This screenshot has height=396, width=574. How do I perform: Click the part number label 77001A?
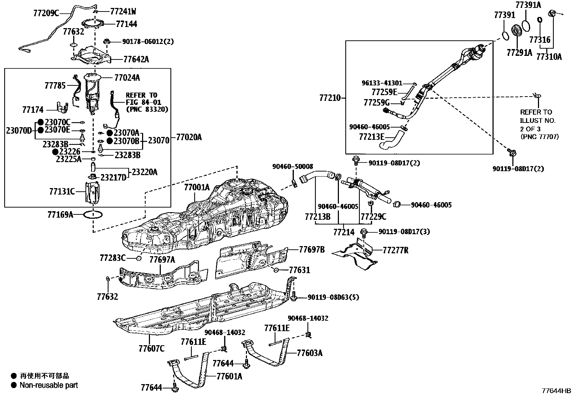coord(197,187)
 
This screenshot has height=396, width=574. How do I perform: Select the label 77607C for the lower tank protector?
coord(151,348)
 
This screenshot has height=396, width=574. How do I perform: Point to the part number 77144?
coord(127,24)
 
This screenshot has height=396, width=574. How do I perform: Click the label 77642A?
coord(136,59)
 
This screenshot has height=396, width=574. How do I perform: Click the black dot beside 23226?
coord(55,152)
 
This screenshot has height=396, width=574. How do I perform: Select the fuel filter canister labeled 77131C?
coord(92,192)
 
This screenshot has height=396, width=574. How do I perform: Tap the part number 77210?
coord(330,97)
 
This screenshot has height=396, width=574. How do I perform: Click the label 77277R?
coord(395,250)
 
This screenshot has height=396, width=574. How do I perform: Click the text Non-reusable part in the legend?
coord(49,385)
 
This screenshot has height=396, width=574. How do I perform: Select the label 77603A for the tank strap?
coord(309,353)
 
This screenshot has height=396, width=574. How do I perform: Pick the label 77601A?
coord(229,377)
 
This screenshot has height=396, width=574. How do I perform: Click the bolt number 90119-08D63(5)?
coord(334,297)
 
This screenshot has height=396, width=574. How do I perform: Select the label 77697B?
coord(312,250)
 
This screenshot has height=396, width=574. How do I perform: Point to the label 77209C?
coord(46,13)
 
